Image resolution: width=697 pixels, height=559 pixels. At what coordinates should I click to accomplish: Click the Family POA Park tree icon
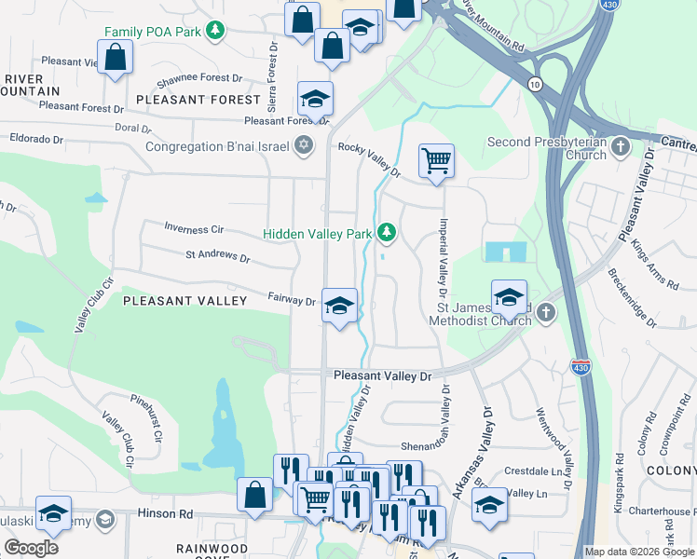tap(216, 31)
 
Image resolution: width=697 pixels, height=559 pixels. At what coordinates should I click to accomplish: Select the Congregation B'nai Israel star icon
tap(303, 145)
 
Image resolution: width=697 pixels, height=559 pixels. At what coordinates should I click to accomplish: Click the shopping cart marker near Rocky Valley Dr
tap(435, 161)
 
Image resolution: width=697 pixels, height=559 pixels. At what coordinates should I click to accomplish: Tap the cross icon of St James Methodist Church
tap(547, 313)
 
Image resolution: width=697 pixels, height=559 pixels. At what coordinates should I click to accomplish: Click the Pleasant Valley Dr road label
tap(383, 376)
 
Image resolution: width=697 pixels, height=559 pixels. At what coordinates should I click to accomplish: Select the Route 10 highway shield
tap(534, 85)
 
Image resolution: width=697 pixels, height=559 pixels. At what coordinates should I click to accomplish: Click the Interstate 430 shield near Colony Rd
tap(581, 367)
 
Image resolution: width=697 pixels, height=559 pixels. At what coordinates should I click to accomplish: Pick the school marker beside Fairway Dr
tap(339, 304)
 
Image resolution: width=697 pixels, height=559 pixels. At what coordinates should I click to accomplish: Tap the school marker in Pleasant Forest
tap(315, 98)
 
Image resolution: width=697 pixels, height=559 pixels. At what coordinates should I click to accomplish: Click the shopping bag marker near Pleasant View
tap(115, 58)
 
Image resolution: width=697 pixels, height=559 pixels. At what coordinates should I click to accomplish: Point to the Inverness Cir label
tap(194, 228)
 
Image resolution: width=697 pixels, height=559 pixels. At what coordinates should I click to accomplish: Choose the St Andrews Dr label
tap(218, 256)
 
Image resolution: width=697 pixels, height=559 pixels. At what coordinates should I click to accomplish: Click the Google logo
tap(31, 548)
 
